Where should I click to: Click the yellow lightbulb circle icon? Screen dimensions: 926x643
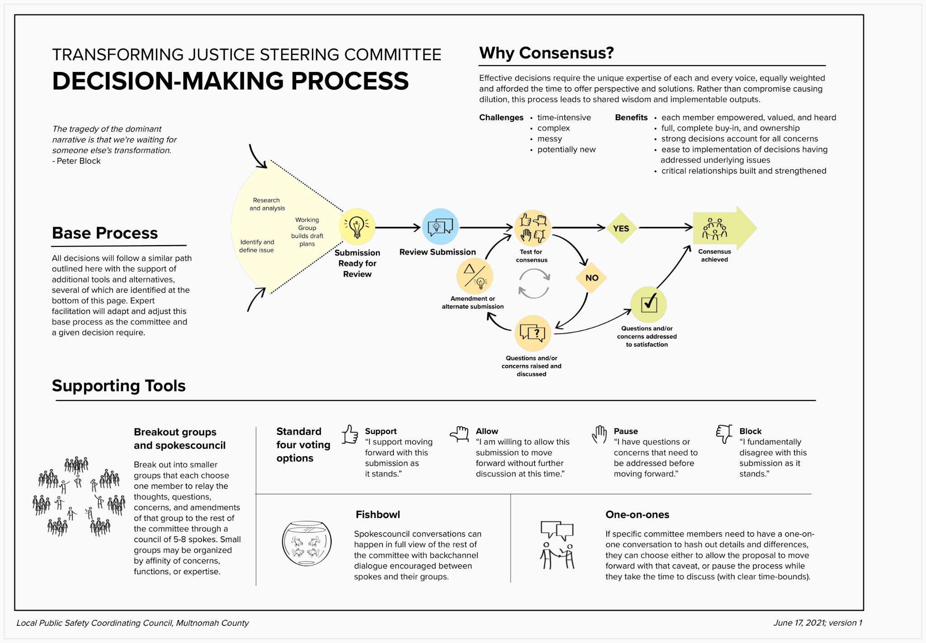click(x=357, y=227)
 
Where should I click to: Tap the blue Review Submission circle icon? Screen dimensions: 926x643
click(x=440, y=227)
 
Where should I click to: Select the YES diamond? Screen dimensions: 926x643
click(x=621, y=228)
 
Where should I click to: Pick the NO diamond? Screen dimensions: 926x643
click(x=591, y=278)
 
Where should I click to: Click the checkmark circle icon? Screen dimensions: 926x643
click(x=649, y=304)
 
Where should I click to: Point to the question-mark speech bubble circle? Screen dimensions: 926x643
click(x=533, y=333)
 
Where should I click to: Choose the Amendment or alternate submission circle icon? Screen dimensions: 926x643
click(x=475, y=276)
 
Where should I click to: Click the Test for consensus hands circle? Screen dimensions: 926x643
click(x=533, y=228)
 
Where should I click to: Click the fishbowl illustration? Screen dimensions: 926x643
click(x=307, y=543)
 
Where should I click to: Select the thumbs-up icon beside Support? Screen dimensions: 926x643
click(x=350, y=435)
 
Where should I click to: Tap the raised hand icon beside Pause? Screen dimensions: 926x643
click(x=600, y=435)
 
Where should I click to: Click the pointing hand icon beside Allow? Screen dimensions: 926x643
click(x=459, y=434)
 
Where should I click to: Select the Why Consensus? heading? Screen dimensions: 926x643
click(x=546, y=53)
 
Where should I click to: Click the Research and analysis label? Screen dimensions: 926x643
click(x=267, y=204)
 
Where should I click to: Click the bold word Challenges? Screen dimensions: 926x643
click(x=501, y=118)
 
